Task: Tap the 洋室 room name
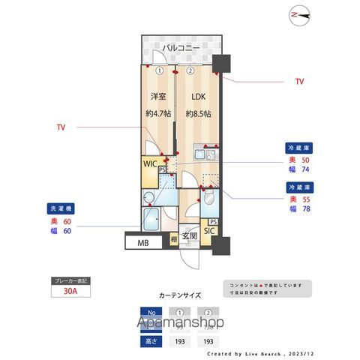[x=157, y=97]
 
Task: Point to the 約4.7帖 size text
[x=157, y=114]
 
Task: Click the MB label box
[x=142, y=242]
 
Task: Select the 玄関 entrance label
[x=189, y=235]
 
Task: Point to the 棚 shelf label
[x=173, y=241]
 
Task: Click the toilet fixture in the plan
[x=209, y=198]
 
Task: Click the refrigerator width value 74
[x=304, y=171]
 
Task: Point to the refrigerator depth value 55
[x=304, y=201]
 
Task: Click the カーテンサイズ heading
[x=179, y=295]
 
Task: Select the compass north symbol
[x=300, y=13]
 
